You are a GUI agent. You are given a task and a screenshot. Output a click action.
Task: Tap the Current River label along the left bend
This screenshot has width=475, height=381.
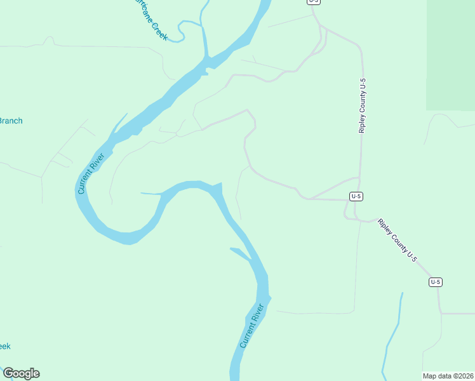pyautogui.click(x=90, y=173)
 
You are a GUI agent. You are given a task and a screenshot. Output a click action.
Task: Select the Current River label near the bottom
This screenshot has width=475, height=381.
pyautogui.click(x=251, y=326)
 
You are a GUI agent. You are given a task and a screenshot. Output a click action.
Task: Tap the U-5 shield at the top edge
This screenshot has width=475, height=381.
pyautogui.click(x=314, y=2)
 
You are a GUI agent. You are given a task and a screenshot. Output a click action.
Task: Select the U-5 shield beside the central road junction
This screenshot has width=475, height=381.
pyautogui.click(x=356, y=197)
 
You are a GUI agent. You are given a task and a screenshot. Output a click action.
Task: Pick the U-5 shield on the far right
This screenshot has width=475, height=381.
pyautogui.click(x=435, y=282)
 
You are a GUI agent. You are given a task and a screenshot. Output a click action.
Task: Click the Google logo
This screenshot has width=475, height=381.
pyautogui.click(x=21, y=373)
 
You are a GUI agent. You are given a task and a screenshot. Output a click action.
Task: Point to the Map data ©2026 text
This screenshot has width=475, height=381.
pyautogui.click(x=448, y=375)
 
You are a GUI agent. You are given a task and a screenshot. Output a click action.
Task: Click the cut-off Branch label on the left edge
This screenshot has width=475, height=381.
pyautogui.click(x=10, y=121)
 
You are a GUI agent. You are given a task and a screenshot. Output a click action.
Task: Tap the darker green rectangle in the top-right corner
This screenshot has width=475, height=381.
pyautogui.click(x=450, y=54)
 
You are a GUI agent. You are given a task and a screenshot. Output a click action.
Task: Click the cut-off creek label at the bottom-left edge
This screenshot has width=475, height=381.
pyautogui.click(x=4, y=346)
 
